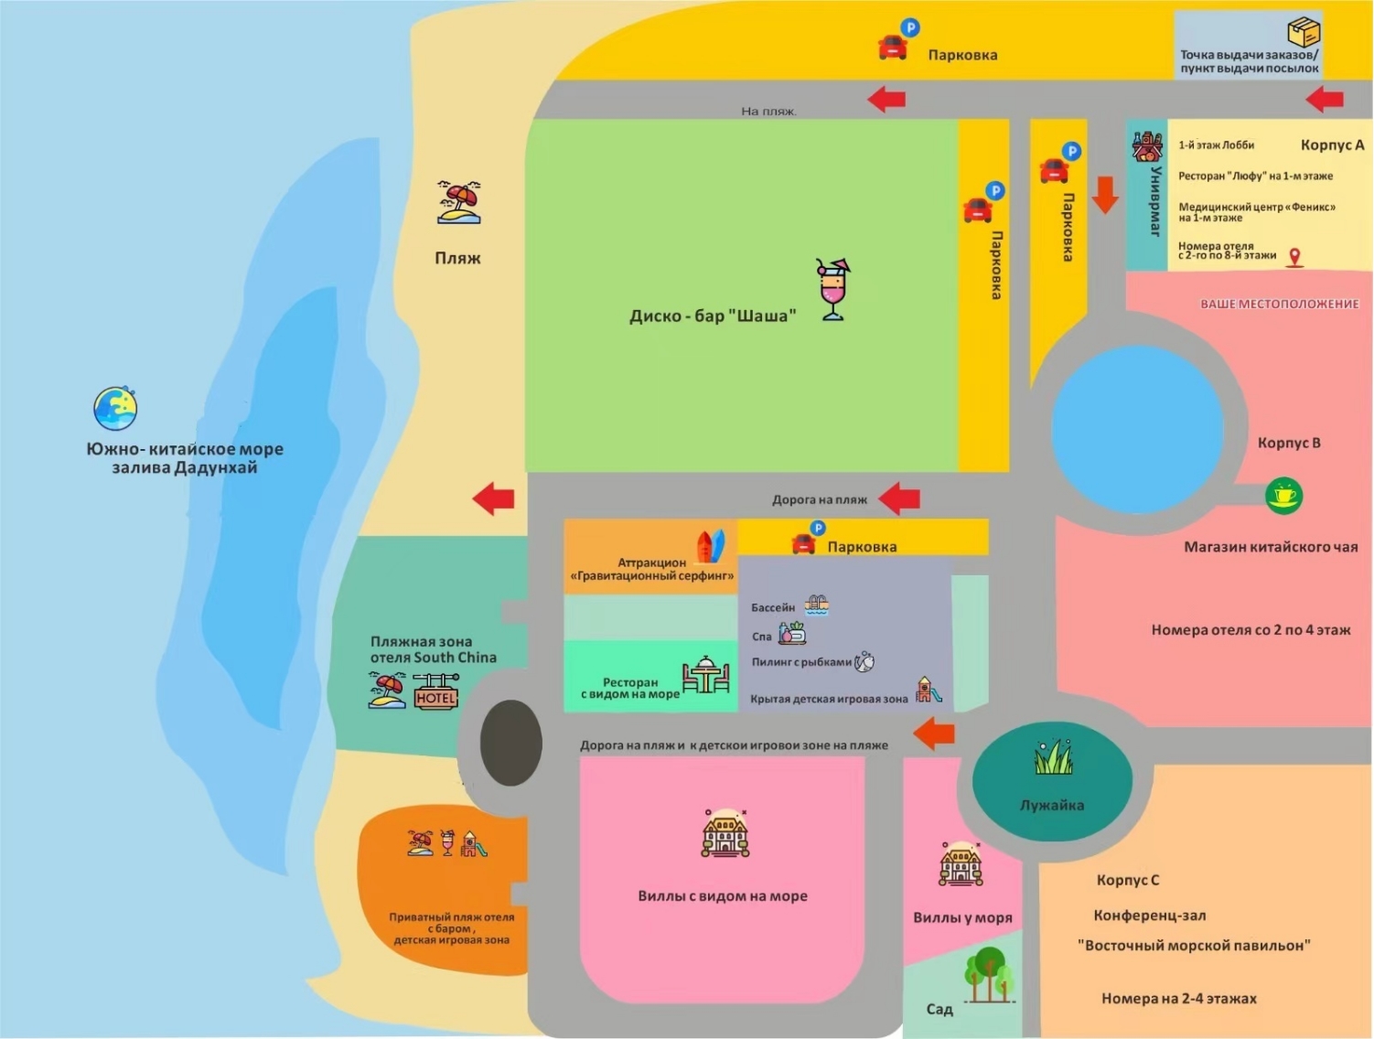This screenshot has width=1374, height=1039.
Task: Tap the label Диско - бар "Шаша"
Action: [x=713, y=316]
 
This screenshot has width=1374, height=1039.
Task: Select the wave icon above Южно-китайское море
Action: [x=115, y=408]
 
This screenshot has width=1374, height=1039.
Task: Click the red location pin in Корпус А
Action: [x=1294, y=258]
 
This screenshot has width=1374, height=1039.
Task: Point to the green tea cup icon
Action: [x=1283, y=495]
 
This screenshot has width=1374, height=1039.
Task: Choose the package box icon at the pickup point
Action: [x=1304, y=33]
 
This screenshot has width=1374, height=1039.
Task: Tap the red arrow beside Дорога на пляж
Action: [x=899, y=498]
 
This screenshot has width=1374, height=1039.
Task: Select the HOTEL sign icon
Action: [x=435, y=691]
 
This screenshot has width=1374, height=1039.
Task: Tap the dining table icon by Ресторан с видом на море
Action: [x=705, y=677]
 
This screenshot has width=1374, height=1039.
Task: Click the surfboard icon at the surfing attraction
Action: [x=711, y=546]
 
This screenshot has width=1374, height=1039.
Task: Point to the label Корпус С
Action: [x=1127, y=880]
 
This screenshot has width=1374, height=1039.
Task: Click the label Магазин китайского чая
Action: [x=1271, y=547]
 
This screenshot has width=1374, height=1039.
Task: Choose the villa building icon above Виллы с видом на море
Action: [x=725, y=833]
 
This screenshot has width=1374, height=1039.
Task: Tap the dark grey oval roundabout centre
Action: [x=510, y=744]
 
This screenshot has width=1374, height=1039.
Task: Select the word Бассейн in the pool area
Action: [x=773, y=607]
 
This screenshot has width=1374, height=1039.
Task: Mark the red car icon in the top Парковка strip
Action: [x=893, y=47]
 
